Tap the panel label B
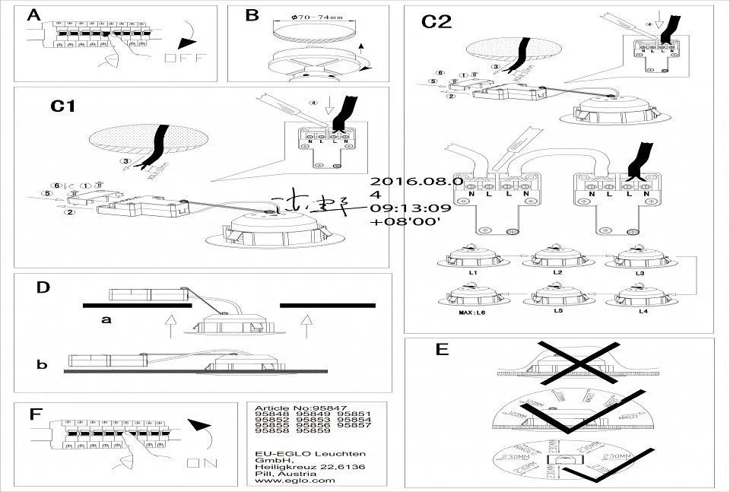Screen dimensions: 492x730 [252, 14]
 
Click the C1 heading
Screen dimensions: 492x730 [63, 106]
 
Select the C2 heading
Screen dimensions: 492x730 [436, 22]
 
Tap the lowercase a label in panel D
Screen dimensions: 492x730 [106, 320]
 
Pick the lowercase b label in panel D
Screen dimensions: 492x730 [42, 365]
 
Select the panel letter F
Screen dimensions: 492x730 [35, 414]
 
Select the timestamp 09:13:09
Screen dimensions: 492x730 [411, 208]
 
